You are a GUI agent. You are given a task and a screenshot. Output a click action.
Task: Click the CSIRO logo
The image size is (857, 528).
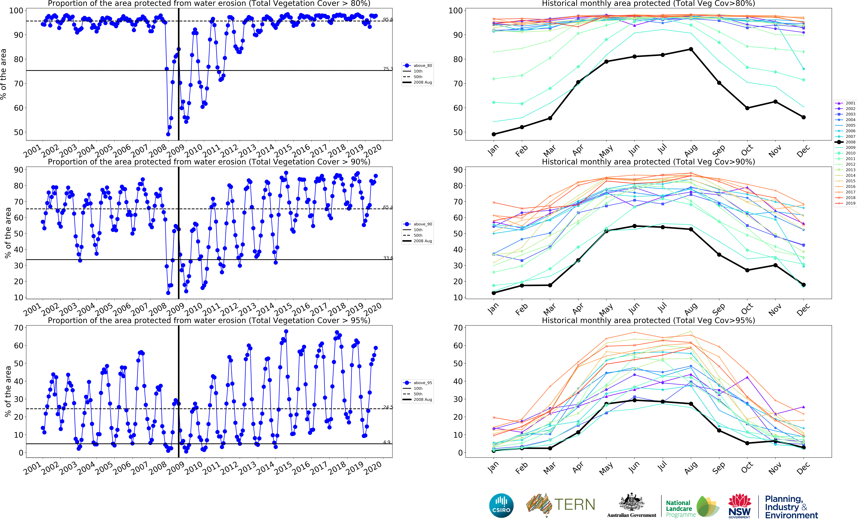501,505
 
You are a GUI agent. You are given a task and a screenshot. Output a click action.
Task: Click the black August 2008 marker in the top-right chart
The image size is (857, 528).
691,49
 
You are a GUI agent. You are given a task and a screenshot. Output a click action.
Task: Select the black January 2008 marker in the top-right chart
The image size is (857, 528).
494,134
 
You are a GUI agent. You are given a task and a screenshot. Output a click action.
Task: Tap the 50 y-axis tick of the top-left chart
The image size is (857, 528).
18,132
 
